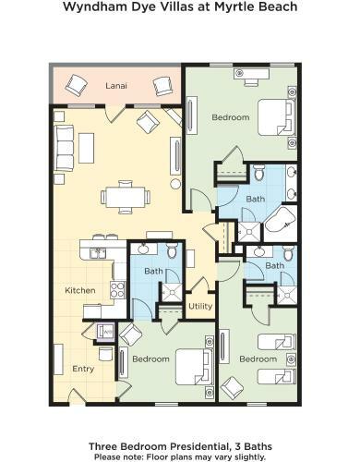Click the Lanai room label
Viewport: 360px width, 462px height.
116,86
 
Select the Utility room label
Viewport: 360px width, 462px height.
200,307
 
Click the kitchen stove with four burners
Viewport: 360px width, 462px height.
117,289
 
